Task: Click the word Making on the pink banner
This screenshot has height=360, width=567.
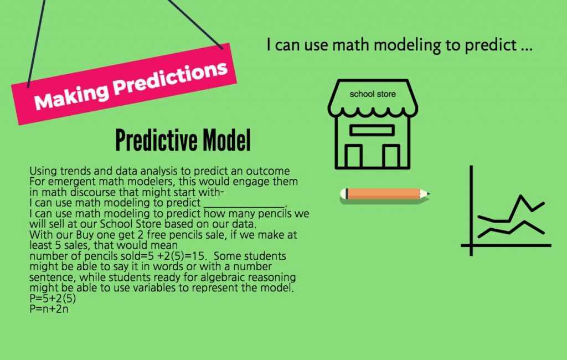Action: pyautogui.click(x=71, y=96)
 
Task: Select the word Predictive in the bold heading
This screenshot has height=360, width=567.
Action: pyautogui.click(x=157, y=140)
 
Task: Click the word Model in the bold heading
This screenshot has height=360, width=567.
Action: pyautogui.click(x=226, y=140)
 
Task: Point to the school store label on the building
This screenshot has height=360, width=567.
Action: pyautogui.click(x=373, y=94)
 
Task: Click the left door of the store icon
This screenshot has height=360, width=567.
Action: pyautogui.click(x=353, y=156)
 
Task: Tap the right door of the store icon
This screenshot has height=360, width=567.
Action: pyautogui.click(x=391, y=156)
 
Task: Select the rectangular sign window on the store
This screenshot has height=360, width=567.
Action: pyautogui.click(x=372, y=130)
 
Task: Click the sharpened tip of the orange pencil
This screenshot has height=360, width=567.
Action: pyautogui.click(x=429, y=194)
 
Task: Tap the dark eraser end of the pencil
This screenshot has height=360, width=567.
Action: pyautogui.click(x=347, y=194)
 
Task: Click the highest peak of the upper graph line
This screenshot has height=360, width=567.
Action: pyautogui.click(x=520, y=196)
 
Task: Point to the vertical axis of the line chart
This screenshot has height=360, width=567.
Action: pyautogui.click(x=471, y=210)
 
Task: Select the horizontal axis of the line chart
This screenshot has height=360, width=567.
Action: pyautogui.click(x=506, y=245)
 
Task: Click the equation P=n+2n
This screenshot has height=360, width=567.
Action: pyautogui.click(x=49, y=309)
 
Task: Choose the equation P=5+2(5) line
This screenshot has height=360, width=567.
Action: pyautogui.click(x=53, y=299)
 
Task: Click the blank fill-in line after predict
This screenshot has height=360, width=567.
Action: pyautogui.click(x=245, y=207)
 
